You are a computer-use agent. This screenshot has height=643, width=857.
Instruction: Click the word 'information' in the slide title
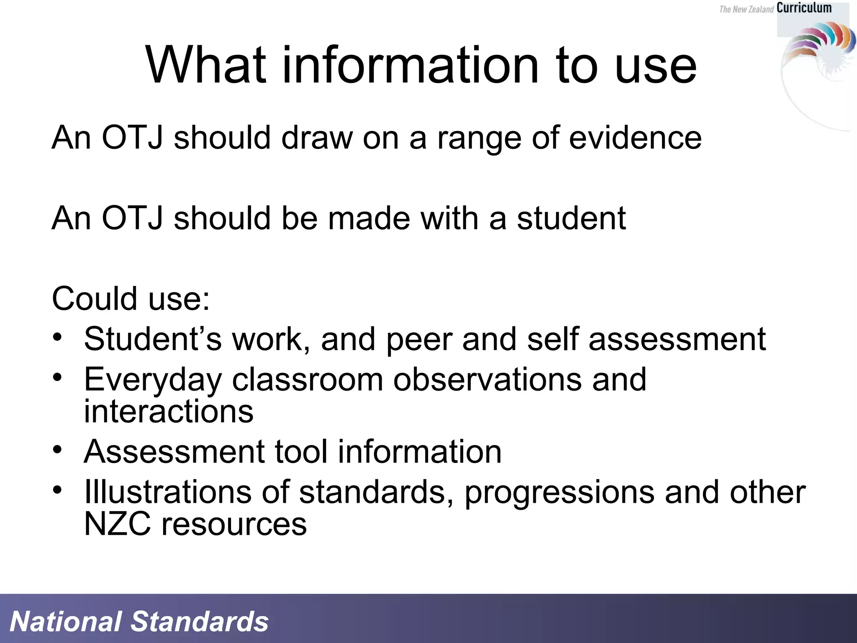(x=411, y=65)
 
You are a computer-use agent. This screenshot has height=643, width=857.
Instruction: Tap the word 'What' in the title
(x=205, y=65)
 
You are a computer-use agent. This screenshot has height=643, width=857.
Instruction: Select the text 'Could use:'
(x=131, y=298)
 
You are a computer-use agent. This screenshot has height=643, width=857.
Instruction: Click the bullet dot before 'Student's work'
(x=57, y=337)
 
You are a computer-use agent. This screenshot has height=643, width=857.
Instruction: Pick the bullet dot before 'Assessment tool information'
(x=57, y=450)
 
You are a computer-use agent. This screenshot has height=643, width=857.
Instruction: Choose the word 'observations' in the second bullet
(x=487, y=379)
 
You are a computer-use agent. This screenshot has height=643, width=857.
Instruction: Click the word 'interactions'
(x=169, y=411)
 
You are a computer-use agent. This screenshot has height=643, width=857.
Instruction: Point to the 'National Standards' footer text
(x=139, y=621)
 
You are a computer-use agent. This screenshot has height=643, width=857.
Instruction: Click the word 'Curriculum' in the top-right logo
(x=804, y=8)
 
